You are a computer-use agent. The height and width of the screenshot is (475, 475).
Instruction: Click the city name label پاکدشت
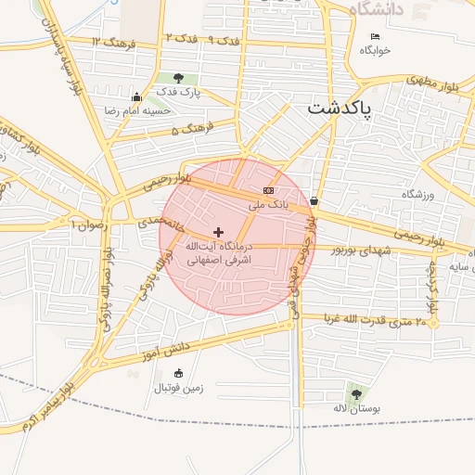tap(339, 109)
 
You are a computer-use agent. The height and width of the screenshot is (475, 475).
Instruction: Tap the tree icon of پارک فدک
tap(178, 79)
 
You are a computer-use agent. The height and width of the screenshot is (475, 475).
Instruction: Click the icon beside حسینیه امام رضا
tap(137, 97)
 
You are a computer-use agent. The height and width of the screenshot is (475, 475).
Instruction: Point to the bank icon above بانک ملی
tap(268, 190)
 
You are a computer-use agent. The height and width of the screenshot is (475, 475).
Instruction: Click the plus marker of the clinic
tap(218, 232)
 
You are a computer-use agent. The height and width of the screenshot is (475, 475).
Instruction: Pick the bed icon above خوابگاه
tap(374, 36)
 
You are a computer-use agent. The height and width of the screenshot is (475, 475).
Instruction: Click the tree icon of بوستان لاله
tap(356, 394)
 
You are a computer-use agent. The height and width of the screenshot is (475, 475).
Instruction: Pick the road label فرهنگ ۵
tap(192, 128)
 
